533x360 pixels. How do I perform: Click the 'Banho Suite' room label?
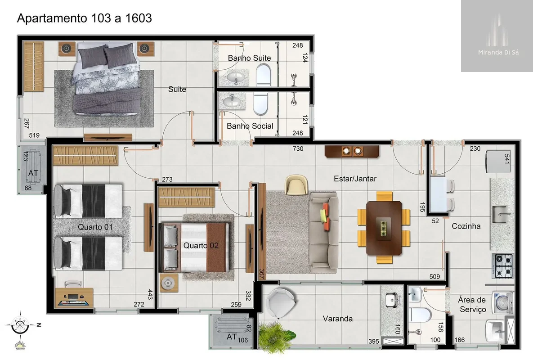pyautogui.click(x=249, y=58)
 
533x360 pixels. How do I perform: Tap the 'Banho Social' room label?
pyautogui.click(x=250, y=126)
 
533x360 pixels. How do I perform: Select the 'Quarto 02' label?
pyautogui.click(x=201, y=245)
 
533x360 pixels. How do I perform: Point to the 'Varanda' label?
pyautogui.click(x=337, y=319)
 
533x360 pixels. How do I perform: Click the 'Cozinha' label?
pyautogui.click(x=466, y=226)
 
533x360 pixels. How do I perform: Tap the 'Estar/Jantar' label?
pyautogui.click(x=355, y=179)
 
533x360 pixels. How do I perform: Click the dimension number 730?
pyautogui.click(x=298, y=148)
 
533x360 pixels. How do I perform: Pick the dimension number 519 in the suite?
pyautogui.click(x=34, y=135)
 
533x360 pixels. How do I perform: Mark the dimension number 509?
pyautogui.click(x=434, y=277)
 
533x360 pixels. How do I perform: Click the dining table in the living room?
pyautogui.click(x=384, y=228)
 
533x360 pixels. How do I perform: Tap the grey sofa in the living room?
pyautogui.click(x=323, y=233)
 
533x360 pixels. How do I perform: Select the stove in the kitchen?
pyautogui.click(x=503, y=266)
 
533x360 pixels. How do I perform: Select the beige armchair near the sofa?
pyautogui.click(x=296, y=185)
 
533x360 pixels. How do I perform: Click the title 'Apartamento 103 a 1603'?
pyautogui.click(x=84, y=18)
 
